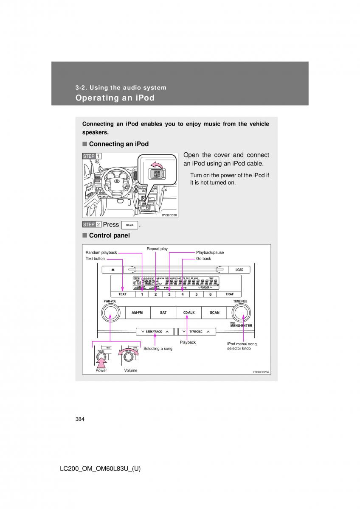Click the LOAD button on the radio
[239, 270]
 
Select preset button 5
[196, 294]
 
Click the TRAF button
[230, 294]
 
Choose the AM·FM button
[137, 313]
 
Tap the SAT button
[163, 313]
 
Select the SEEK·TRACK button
[154, 331]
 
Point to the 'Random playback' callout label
[101, 252]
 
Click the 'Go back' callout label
[203, 258]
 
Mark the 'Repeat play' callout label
[157, 249]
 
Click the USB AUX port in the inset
[157, 174]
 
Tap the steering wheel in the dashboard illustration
[115, 182]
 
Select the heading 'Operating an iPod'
[115, 98]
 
